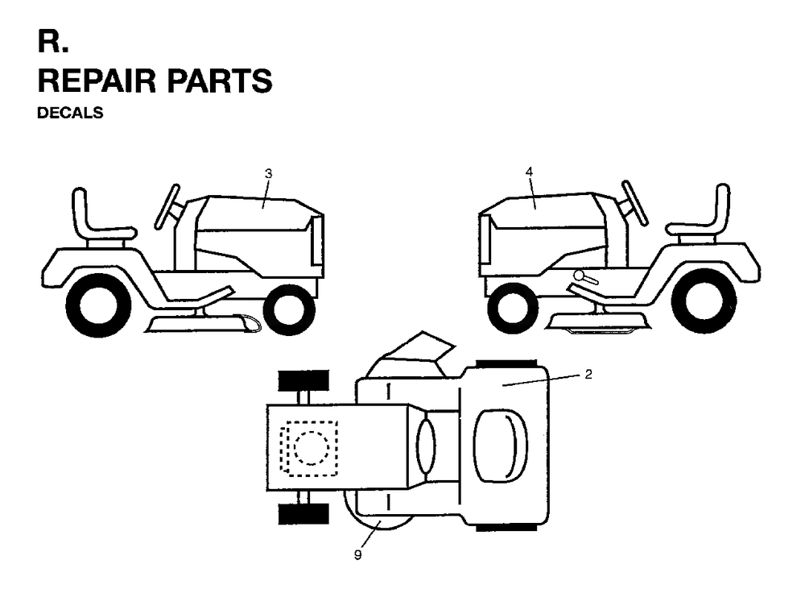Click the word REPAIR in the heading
pos(97,81)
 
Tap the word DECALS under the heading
pos(70,113)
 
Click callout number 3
pos(268,174)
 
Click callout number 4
pos(530,172)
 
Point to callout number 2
pos(588,374)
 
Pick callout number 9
pos(358,555)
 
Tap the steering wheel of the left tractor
pos(167,206)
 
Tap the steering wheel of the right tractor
pos(634,202)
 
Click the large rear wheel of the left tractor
pos(99,305)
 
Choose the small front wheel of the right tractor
pos(514,308)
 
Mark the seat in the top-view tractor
pos(501,446)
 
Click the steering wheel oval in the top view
pos(426,446)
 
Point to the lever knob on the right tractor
pos(580,276)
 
